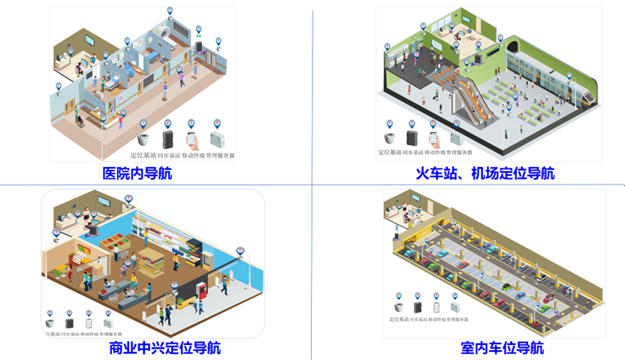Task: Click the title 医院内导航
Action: tap(137, 174)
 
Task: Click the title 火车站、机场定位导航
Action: tap(485, 174)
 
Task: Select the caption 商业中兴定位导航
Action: tap(165, 348)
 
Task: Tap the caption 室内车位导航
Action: tap(502, 348)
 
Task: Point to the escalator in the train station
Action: tap(474, 98)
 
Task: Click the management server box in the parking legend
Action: tap(454, 307)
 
